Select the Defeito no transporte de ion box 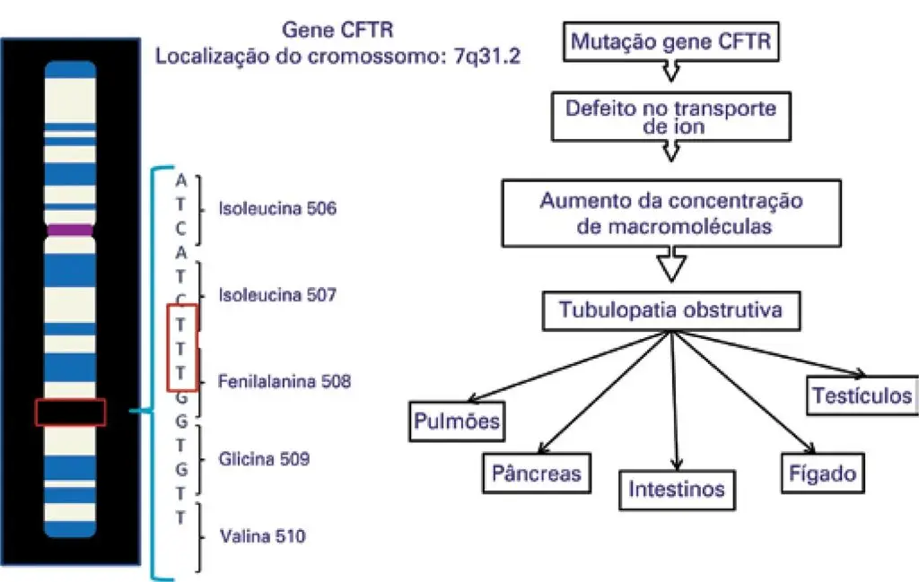click(670, 117)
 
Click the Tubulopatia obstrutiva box click(670, 311)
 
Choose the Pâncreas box click(537, 473)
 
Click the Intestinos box click(676, 491)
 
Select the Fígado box click(823, 473)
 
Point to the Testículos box click(862, 395)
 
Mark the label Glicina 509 click(264, 459)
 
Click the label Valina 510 click(262, 537)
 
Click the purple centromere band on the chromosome click(71, 230)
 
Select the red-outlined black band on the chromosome click(71, 413)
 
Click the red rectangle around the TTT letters click(181, 348)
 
